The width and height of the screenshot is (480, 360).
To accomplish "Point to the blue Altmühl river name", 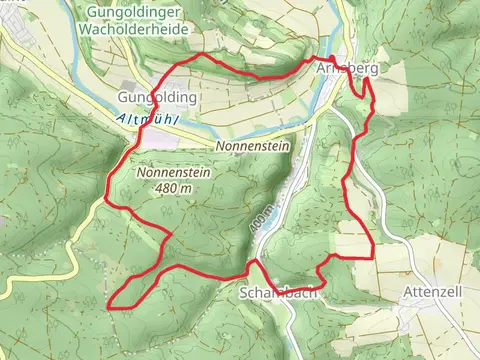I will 146,119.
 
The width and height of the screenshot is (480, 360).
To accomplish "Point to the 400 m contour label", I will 262,221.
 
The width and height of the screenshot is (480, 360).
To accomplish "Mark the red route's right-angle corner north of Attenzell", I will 373,256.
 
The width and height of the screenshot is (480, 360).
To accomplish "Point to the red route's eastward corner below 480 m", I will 170,236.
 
